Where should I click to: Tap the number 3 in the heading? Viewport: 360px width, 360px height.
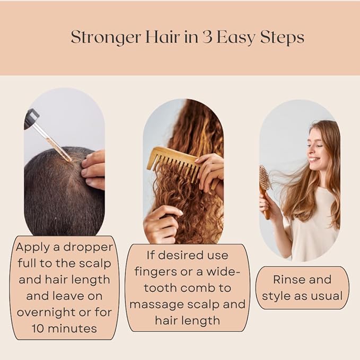tap(203, 38)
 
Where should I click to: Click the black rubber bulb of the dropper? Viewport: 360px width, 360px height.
tap(31, 118)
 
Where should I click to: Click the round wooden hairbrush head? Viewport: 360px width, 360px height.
tap(264, 178)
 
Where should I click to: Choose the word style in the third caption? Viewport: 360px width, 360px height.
tap(276, 296)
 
